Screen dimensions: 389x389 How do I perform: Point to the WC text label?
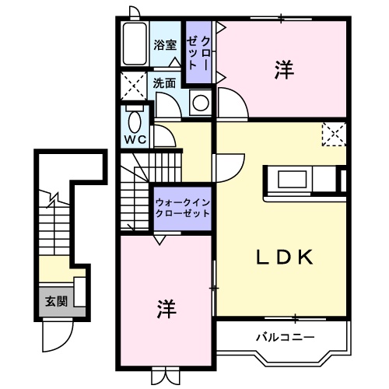[136, 140]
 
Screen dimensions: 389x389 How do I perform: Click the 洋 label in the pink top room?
[283, 69]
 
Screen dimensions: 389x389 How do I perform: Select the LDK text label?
[285, 258]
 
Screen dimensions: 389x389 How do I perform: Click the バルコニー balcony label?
[286, 338]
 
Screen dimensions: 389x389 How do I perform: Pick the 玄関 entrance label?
[54, 301]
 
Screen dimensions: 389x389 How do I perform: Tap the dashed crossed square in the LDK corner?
[333, 135]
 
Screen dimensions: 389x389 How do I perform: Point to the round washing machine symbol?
[201, 103]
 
